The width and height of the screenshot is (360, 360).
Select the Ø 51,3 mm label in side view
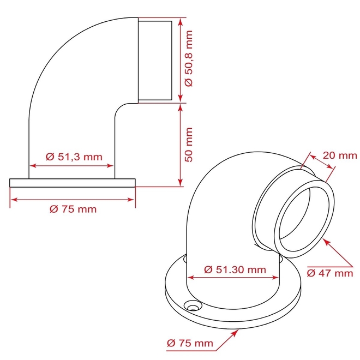(74, 157)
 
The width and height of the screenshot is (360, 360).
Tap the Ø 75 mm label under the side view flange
(73, 209)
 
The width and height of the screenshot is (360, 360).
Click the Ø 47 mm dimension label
(329, 273)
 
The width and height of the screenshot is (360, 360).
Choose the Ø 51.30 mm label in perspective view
(235, 269)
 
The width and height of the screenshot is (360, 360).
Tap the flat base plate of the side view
(73, 182)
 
